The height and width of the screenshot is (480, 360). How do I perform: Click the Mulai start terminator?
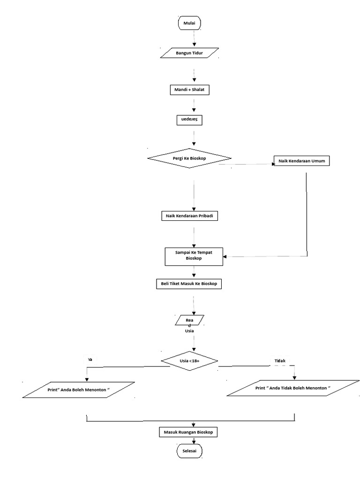(189, 23)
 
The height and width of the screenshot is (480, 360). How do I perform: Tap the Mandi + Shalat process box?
(189, 90)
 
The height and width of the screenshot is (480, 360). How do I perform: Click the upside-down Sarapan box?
(189, 120)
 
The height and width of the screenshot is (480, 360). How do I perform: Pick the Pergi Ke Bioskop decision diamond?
(189, 158)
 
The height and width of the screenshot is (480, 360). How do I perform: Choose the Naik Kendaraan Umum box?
(301, 161)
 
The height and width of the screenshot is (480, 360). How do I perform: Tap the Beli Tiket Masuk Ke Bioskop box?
(188, 284)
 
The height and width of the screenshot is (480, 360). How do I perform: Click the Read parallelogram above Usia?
(189, 320)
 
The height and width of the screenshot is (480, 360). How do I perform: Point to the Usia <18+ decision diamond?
(189, 360)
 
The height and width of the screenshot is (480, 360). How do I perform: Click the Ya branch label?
(90, 359)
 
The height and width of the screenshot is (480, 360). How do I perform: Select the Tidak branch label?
(280, 360)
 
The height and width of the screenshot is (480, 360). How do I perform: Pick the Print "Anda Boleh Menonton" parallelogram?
(78, 390)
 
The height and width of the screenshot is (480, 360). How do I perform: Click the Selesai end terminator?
(189, 451)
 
